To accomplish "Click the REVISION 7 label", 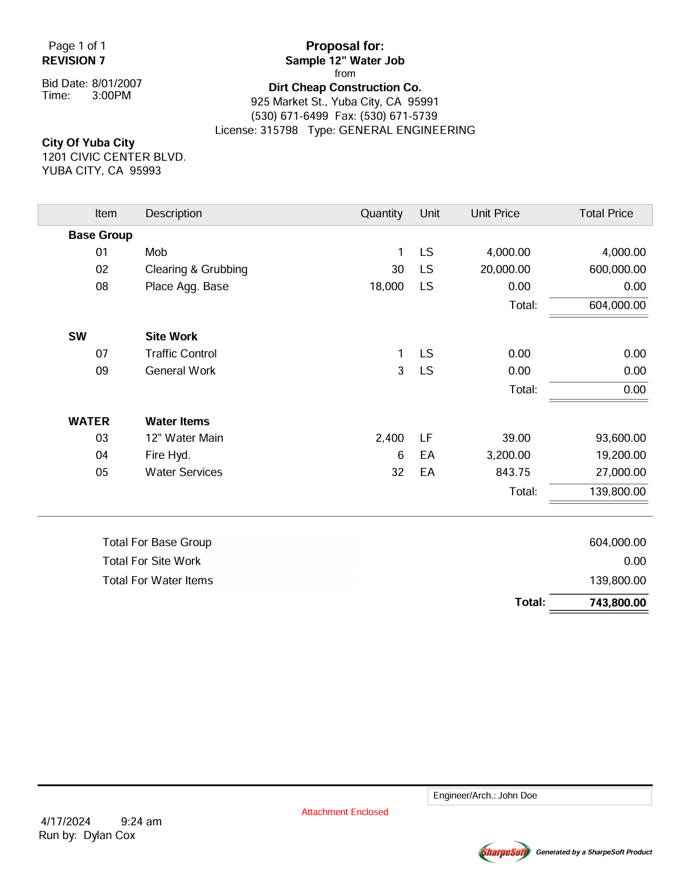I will (x=73, y=60).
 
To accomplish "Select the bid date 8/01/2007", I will (x=117, y=83).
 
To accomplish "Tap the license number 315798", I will (x=279, y=130).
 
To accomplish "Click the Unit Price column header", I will (x=495, y=213).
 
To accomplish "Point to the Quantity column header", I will (x=381, y=213).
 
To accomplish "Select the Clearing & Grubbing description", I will (x=196, y=269).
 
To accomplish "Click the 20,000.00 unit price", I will (x=505, y=269).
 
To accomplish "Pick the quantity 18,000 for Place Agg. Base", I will (x=386, y=286).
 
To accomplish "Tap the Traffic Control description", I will (x=181, y=353).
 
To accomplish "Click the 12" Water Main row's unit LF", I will (x=426, y=438).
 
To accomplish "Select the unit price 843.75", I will (x=513, y=472).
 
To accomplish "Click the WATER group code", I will (x=89, y=421).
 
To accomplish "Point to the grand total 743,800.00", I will (x=617, y=602).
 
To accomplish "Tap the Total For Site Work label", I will (x=151, y=561).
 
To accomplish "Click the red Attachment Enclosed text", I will (x=345, y=812).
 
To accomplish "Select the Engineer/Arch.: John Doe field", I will (x=539, y=796).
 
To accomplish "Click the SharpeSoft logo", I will (x=505, y=852).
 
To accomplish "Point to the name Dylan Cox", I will (x=109, y=835).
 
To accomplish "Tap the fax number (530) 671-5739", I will (x=399, y=116).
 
